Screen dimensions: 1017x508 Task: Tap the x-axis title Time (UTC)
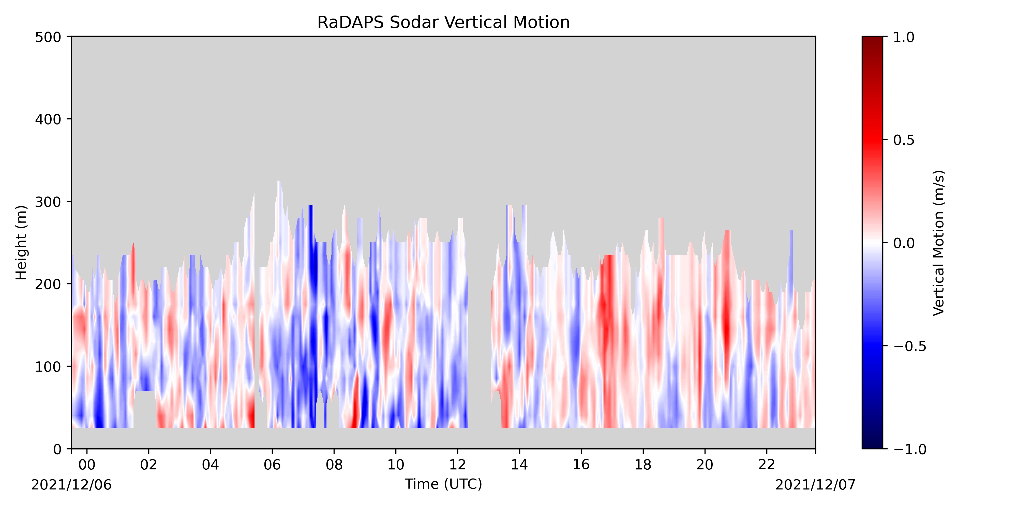coord(443,484)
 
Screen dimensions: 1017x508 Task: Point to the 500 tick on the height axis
coord(48,37)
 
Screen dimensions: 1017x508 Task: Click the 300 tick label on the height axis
coord(48,202)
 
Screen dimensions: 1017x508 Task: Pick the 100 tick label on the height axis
coord(48,367)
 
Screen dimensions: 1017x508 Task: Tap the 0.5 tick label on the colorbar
coord(904,140)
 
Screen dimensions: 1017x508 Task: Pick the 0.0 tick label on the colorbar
coord(904,243)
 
